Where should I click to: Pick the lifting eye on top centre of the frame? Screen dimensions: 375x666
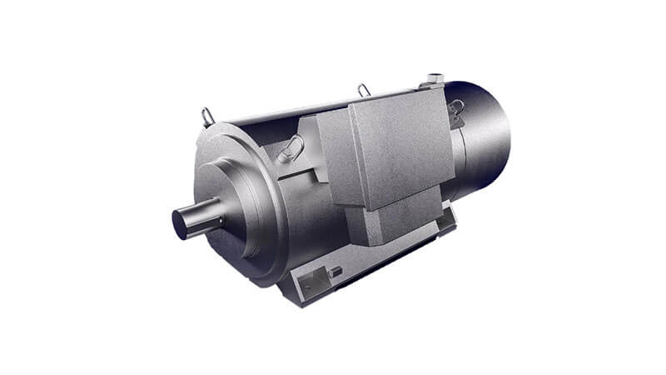(x=363, y=89)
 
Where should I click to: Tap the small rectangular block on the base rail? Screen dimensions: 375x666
(x=335, y=272)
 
